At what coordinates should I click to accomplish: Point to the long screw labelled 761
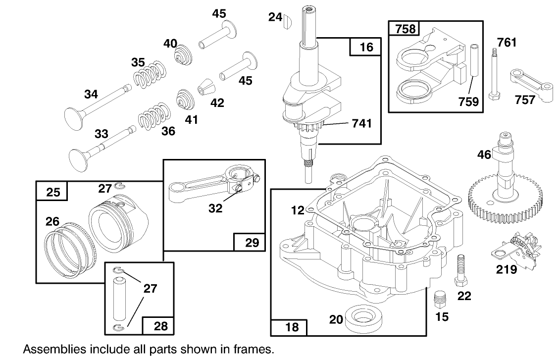(x=495, y=74)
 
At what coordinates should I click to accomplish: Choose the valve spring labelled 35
(x=148, y=74)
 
